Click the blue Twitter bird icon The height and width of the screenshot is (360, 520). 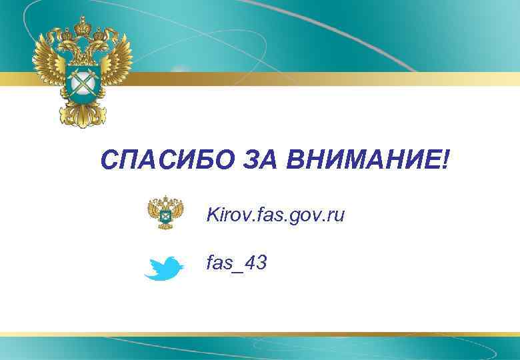(163, 268)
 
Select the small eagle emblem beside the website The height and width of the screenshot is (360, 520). (161, 213)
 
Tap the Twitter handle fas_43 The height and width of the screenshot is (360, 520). (237, 263)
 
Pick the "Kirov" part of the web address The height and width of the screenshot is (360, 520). (227, 215)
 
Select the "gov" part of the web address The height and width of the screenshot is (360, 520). (302, 216)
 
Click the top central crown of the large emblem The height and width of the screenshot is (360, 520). (84, 26)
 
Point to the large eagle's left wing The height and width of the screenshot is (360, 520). (50, 70)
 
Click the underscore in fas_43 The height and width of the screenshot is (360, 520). (239, 271)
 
